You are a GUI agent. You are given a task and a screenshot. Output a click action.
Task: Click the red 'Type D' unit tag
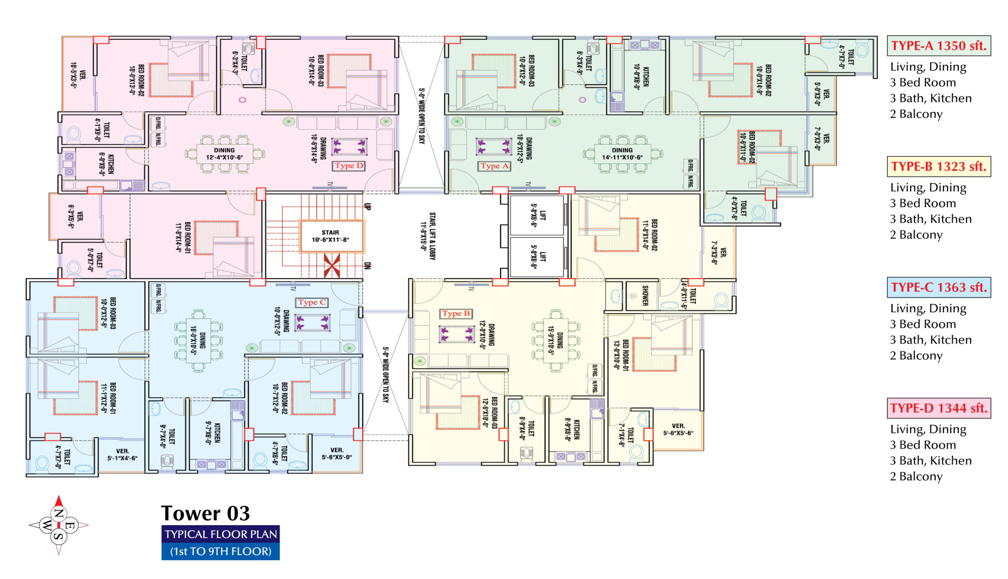point(348,166)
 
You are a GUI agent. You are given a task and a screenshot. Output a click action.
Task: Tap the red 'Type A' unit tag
point(494,166)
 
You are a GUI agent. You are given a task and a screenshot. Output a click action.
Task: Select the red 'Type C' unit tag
point(311,302)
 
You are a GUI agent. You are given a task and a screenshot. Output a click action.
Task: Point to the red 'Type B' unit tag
point(456,314)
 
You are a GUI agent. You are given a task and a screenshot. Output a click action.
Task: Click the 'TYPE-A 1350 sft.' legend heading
point(939,46)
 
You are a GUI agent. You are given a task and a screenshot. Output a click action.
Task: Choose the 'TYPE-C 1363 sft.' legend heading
point(939,287)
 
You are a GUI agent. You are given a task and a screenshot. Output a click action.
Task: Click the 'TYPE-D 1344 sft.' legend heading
point(939,408)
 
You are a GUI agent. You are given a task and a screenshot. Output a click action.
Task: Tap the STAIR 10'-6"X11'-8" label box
point(331,236)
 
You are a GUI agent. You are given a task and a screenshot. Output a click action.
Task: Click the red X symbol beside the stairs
point(332,265)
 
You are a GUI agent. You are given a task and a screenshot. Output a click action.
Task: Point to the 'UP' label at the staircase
point(368,207)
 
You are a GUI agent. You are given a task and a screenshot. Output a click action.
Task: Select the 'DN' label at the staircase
point(368,266)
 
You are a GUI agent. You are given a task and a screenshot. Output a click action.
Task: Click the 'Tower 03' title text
point(206,513)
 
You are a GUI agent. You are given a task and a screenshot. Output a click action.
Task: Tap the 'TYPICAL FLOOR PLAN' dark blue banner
point(220,534)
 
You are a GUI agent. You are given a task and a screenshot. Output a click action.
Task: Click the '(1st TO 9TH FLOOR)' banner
point(220,551)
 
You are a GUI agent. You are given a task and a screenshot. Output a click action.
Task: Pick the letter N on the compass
point(59,513)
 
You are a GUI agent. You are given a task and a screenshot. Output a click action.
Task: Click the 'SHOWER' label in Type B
point(645,295)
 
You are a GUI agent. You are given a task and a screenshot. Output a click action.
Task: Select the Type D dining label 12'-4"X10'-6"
point(224,154)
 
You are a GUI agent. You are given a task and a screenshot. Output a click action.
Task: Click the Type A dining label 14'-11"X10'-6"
point(622,154)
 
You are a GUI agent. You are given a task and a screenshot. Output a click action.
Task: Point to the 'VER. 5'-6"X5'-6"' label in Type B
point(678,430)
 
